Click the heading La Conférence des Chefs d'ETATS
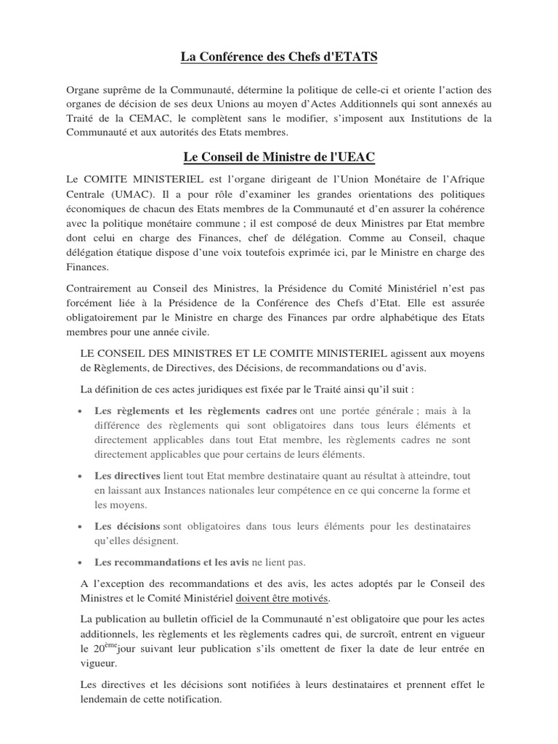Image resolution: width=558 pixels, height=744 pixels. coord(279,56)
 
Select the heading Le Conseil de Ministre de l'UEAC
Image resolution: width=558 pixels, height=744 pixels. coord(278,158)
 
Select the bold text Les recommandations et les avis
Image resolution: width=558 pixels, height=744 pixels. coord(171,562)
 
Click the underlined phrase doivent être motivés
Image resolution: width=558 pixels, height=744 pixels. coord(283,598)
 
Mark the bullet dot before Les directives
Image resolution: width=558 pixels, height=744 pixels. coord(78,477)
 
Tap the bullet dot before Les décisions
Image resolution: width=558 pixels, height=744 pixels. coord(78,527)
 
